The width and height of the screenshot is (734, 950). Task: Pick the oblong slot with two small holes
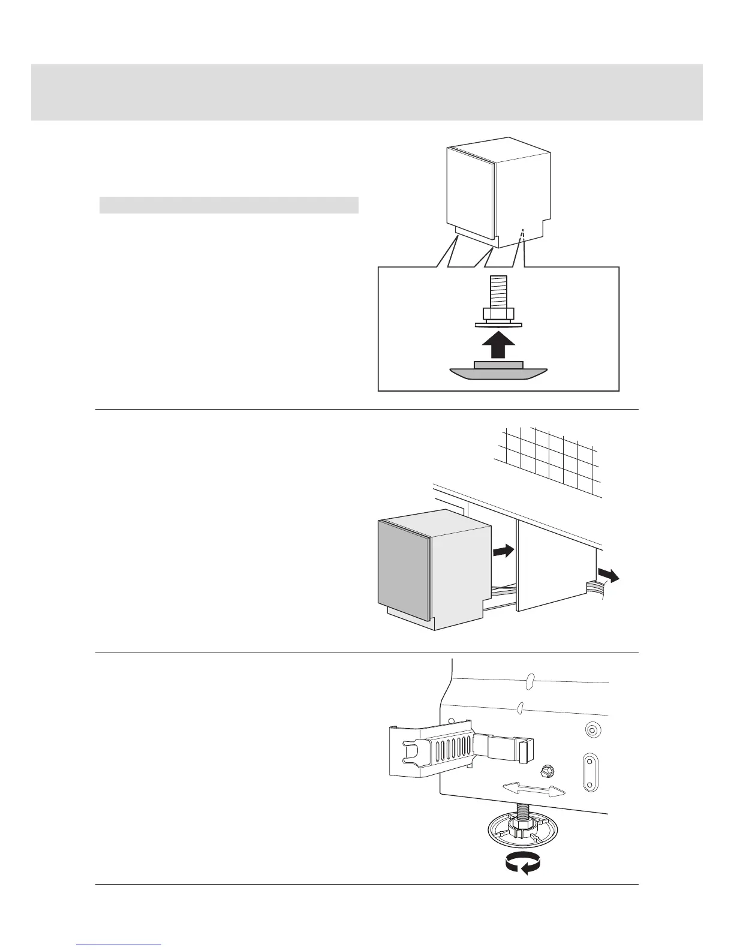click(x=590, y=772)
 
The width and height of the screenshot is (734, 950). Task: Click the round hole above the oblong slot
click(x=591, y=730)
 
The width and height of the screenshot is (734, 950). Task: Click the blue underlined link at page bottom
click(x=119, y=945)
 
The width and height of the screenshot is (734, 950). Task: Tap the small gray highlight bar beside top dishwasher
click(x=228, y=205)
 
